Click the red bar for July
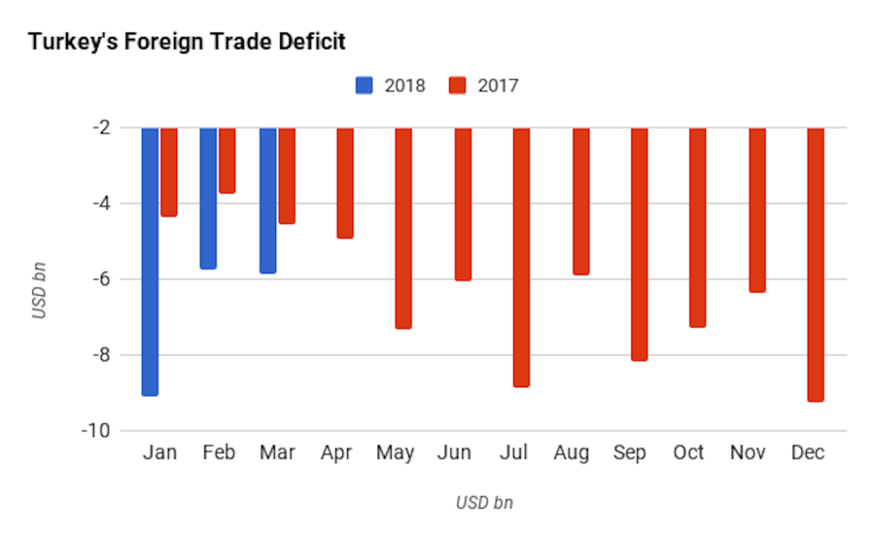521,257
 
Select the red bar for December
815,264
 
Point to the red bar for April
345,183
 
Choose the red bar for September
639,243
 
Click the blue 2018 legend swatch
365,86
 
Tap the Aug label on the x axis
571,453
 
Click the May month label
395,453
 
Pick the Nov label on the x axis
747,453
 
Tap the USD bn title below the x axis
484,503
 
